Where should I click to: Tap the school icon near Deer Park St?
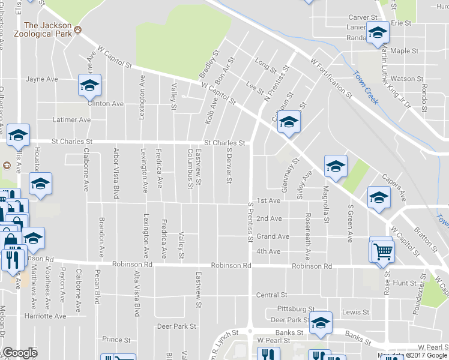pyautogui.click(x=321, y=323)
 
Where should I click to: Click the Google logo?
pyautogui.click(x=20, y=353)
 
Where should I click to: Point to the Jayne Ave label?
pyautogui.click(x=41, y=79)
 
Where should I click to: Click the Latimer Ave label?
pyautogui.click(x=71, y=120)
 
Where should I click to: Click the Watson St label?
pyautogui.click(x=403, y=79)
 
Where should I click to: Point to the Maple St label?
pyautogui.click(x=404, y=52)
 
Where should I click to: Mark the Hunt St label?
pyautogui.click(x=405, y=282)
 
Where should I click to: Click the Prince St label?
pyautogui.click(x=116, y=339)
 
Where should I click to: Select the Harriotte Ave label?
pyautogui.click(x=45, y=316)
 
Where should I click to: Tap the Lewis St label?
pyautogui.click(x=355, y=312)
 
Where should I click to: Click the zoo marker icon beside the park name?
pyautogui.click(x=78, y=31)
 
